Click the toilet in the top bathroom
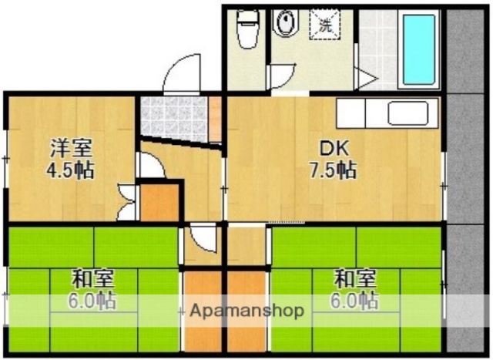[x=246, y=29]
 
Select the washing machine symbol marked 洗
[x=325, y=24]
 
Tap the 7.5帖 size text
[x=334, y=170]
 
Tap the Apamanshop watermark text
[x=246, y=311]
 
